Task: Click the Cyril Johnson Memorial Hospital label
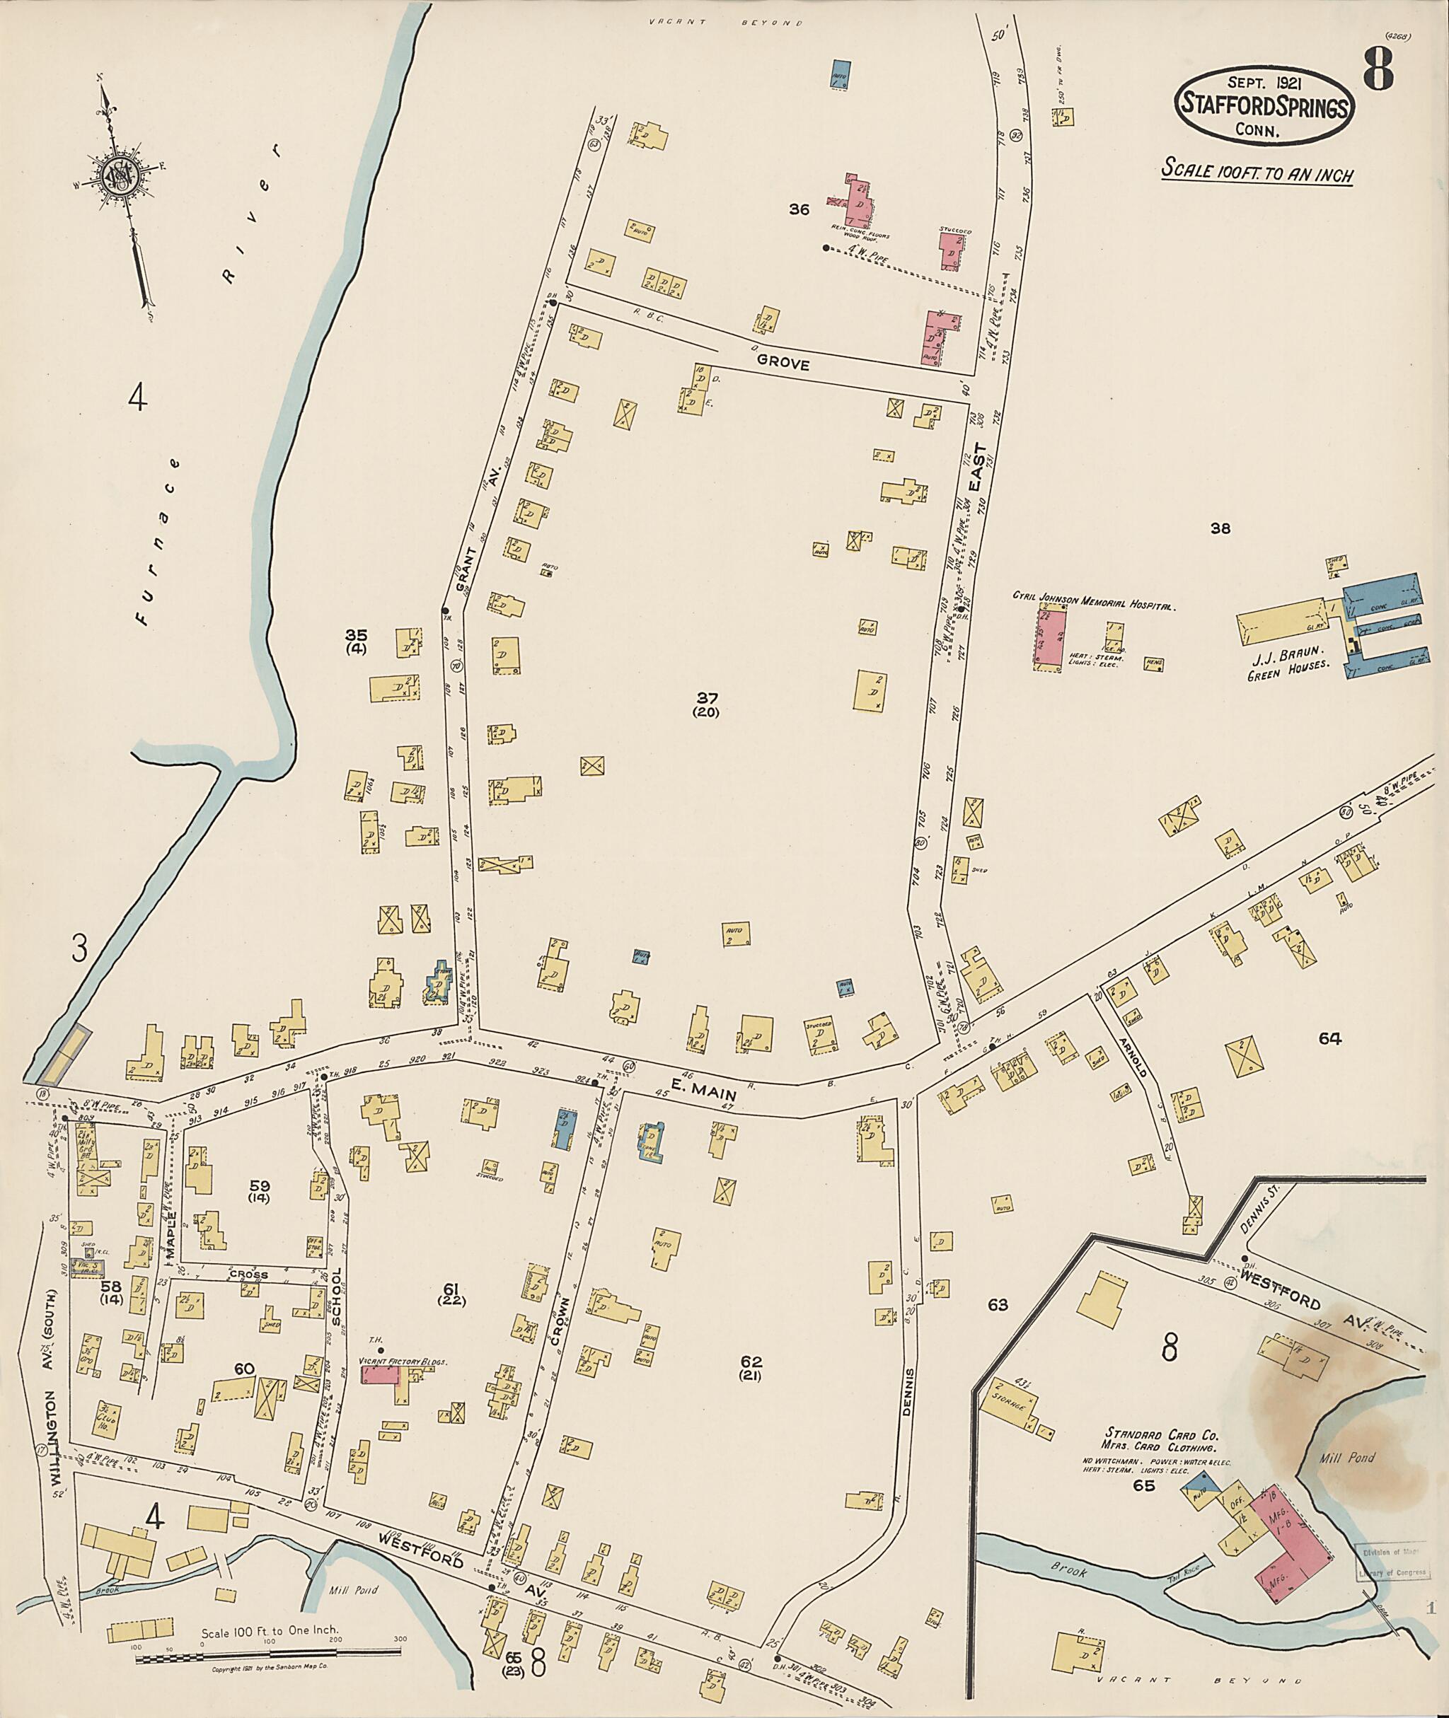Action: coord(1093,605)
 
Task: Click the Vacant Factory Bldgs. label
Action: coord(403,1361)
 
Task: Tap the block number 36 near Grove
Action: coord(798,209)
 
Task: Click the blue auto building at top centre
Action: coord(841,74)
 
